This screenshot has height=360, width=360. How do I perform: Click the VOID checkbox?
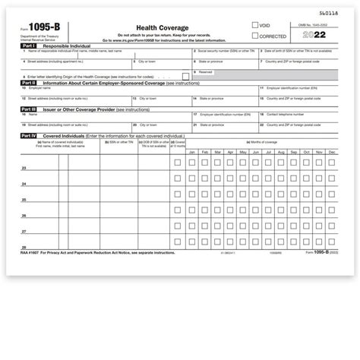tap(255, 25)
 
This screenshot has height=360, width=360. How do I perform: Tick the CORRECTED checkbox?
tap(255, 36)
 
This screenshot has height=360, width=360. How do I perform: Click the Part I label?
tap(28, 46)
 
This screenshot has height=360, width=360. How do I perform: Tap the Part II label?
tap(29, 84)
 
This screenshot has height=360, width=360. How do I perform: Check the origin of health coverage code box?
tap(185, 77)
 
